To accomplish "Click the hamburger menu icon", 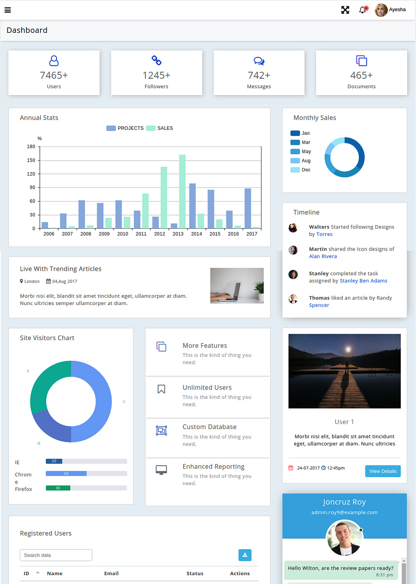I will click(8, 10).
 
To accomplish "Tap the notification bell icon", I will click(362, 10).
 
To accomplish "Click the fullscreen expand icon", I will click(345, 10).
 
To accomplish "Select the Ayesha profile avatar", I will click(381, 10).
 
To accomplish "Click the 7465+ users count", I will click(54, 75).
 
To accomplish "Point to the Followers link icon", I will click(156, 61).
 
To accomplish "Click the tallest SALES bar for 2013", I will click(182, 191).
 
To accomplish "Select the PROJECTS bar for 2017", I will click(248, 208).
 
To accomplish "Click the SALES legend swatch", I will click(151, 128).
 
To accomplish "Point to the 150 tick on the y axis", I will click(31, 160).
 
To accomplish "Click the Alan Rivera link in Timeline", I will click(323, 256).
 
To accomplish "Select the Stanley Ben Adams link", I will click(363, 281).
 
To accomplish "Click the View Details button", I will click(383, 471).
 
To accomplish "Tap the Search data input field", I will click(56, 555).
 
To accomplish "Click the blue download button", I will click(245, 555).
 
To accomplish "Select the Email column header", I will click(112, 573).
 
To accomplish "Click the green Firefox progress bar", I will click(58, 488).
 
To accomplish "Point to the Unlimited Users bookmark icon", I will click(161, 389).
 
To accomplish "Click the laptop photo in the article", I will click(237, 285).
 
